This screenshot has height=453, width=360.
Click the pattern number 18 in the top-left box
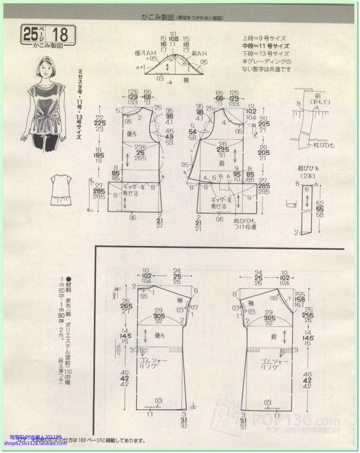(x=60, y=34)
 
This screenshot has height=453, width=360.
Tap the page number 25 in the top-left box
(x=30, y=34)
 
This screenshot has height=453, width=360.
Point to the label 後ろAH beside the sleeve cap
(x=145, y=54)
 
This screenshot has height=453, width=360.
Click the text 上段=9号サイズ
(x=264, y=39)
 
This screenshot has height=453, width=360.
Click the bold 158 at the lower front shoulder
(x=299, y=300)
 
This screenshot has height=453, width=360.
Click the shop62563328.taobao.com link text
(x=35, y=444)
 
